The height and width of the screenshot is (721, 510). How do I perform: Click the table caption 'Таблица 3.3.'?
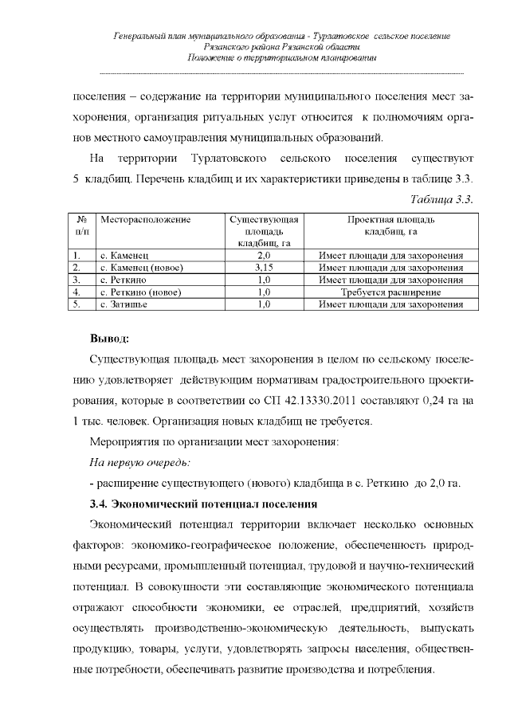(442, 198)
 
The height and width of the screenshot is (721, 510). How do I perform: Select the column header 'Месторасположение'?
(144, 219)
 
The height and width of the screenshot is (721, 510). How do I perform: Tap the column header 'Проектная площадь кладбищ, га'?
(390, 225)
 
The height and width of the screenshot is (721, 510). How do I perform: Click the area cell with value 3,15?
(264, 268)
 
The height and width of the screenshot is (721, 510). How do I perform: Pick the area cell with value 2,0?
(264, 256)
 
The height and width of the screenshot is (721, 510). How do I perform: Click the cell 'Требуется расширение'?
(390, 292)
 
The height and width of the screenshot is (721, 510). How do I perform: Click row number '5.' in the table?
(77, 304)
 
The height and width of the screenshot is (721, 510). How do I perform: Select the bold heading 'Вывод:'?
(110, 340)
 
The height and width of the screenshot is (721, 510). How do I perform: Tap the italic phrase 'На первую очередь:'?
(139, 462)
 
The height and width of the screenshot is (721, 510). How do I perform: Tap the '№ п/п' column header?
(81, 225)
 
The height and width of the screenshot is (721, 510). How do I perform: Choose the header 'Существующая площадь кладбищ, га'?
(264, 230)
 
